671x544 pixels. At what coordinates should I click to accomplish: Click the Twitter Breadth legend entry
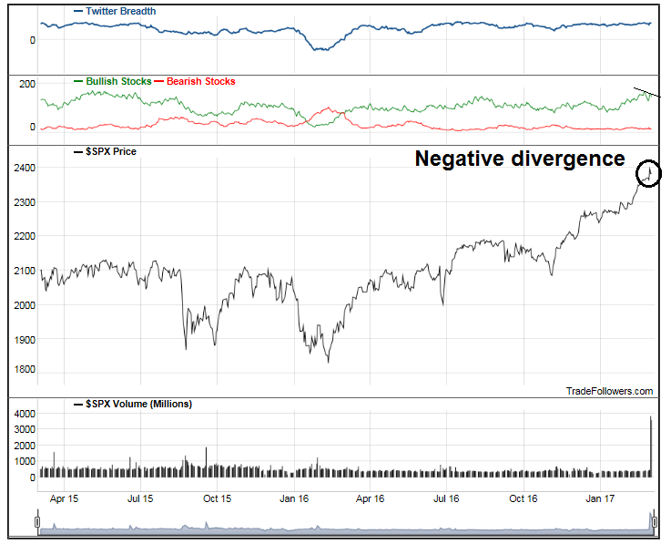[x=119, y=11]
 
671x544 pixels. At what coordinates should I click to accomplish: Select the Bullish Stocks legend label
[x=118, y=81]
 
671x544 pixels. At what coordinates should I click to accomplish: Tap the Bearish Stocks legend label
[x=201, y=81]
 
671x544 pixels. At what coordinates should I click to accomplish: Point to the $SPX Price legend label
[x=109, y=151]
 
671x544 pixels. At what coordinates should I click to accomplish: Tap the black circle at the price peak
[x=649, y=173]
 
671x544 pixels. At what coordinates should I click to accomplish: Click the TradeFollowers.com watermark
[x=609, y=391]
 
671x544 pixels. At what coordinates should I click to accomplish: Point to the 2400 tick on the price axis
[x=24, y=169]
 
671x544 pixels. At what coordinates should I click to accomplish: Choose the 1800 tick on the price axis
[x=24, y=370]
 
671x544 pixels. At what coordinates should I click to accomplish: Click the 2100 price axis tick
[x=24, y=271]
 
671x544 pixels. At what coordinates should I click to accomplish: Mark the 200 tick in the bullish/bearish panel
[x=26, y=84]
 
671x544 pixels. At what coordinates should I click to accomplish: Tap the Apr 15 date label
[x=63, y=498]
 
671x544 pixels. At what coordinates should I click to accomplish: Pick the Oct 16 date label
[x=525, y=498]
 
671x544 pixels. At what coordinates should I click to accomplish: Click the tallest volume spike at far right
[x=651, y=446]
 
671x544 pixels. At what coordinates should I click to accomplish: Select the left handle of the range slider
[x=37, y=521]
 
